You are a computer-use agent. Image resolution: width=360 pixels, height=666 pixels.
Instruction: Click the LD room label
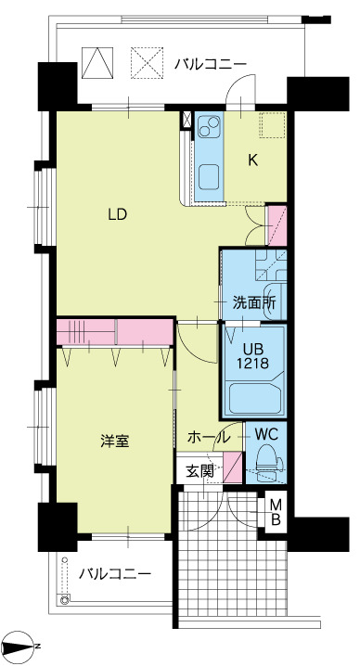117,214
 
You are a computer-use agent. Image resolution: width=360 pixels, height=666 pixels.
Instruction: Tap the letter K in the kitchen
251,159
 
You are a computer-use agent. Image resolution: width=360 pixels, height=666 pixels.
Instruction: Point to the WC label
265,432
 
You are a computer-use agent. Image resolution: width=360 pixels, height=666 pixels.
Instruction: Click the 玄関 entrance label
199,470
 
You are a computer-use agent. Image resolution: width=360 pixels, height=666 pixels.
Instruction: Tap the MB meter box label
276,512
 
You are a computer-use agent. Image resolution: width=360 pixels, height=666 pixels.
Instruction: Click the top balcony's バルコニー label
210,64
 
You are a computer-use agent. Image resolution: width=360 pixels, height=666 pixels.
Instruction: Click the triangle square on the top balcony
96,62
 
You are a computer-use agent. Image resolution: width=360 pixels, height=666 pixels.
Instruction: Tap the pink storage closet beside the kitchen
276,224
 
